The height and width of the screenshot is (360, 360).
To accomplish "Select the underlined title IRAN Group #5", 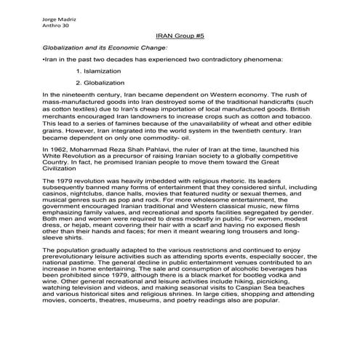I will (x=180, y=33).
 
